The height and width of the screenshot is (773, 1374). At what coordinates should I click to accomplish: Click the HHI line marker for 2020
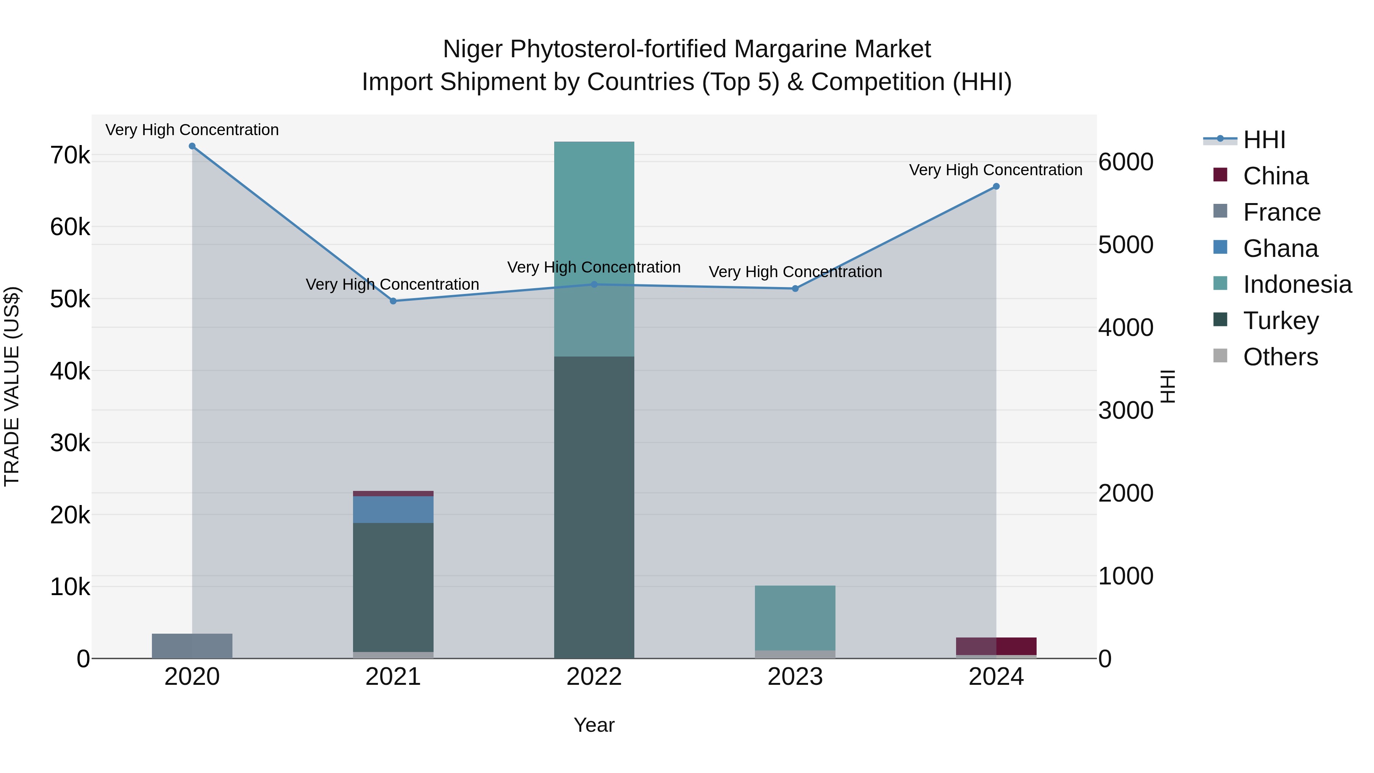192,146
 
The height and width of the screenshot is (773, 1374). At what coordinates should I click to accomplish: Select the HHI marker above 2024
996,187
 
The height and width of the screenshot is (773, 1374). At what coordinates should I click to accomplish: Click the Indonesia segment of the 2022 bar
594,248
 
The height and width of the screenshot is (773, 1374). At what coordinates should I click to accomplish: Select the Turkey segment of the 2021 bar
393,587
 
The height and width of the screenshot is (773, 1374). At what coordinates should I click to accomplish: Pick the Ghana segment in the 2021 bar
393,510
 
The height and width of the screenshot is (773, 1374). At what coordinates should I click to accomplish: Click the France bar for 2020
192,646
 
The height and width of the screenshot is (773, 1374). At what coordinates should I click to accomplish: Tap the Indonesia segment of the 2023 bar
795,618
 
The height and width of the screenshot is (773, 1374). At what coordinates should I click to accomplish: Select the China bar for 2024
996,646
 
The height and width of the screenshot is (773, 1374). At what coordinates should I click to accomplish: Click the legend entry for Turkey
1280,321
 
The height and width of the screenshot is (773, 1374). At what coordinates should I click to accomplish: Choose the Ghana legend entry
1280,249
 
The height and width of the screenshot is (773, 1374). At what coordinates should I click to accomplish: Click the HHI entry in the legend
1264,140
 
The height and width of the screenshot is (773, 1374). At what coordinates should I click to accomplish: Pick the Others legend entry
1280,357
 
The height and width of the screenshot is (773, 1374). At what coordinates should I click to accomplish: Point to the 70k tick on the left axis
70,156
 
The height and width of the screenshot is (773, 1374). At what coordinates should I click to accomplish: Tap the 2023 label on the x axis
795,677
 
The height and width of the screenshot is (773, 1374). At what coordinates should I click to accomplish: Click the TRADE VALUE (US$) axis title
12,386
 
